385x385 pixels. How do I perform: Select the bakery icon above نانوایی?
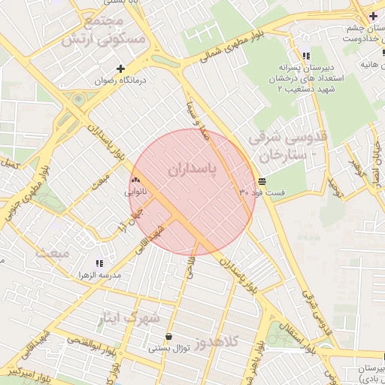[136, 180]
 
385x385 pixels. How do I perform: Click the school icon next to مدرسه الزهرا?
[99, 264]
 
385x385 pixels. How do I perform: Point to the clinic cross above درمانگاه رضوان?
[120, 68]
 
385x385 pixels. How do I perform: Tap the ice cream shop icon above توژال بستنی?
[168, 336]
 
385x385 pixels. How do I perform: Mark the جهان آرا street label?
[120, 220]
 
